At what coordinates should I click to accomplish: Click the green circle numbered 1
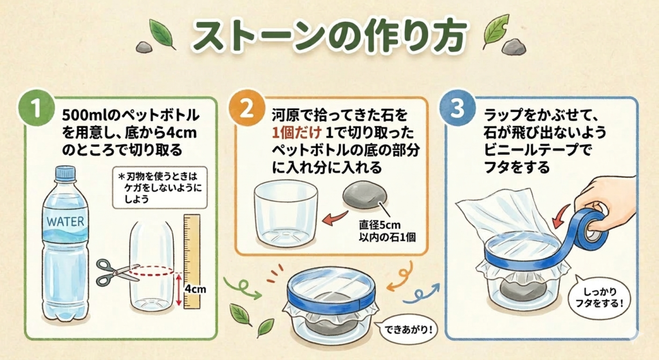pyautogui.click(x=37, y=108)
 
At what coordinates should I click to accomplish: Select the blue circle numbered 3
pyautogui.click(x=457, y=108)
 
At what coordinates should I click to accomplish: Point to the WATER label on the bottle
pyautogui.click(x=65, y=222)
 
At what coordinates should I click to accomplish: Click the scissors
pyautogui.click(x=116, y=272)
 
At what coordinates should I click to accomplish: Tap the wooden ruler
pyautogui.click(x=192, y=261)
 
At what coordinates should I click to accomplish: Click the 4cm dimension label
pyautogui.click(x=196, y=289)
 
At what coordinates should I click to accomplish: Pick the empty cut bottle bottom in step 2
pyautogui.click(x=286, y=214)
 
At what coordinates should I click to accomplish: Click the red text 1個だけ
pyautogui.click(x=297, y=133)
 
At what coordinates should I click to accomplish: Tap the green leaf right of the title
pyautogui.click(x=496, y=31)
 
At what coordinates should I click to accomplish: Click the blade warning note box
pyautogui.click(x=160, y=187)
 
